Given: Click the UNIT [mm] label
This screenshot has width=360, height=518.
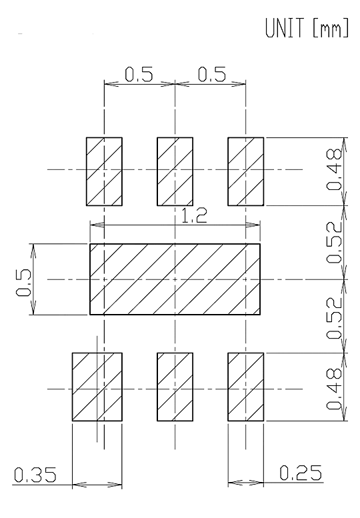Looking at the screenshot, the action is pos(307,28).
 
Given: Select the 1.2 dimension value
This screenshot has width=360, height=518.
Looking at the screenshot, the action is pos(194,217).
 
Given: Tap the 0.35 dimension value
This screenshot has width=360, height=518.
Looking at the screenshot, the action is pos(35,475).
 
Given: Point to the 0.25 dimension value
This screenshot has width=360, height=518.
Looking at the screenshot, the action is pos(301,473).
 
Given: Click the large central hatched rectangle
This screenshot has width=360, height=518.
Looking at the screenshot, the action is pos(175,279).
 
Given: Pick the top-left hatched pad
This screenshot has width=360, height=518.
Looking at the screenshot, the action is pos(104,171).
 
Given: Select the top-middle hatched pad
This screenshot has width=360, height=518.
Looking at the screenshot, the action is pos(175,171).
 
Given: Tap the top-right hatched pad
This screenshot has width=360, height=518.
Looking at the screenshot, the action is pos(246,171).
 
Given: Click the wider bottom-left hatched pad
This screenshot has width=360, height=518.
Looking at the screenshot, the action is pos(97,387).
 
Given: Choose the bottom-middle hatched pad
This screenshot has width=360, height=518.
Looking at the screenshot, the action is pos(175,387).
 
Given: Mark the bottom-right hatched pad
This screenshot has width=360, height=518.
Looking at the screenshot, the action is pos(246,387).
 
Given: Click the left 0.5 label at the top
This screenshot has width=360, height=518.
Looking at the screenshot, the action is pos(139,74).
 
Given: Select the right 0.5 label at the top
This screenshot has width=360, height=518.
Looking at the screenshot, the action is pos(212,74).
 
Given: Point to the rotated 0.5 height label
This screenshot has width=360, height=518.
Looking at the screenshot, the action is pos(24,283).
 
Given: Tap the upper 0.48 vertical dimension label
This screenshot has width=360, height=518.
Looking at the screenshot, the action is pos(333,169).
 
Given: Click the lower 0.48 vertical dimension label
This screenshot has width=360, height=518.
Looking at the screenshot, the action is pos(333,389).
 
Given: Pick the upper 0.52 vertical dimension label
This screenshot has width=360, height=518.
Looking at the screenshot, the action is pos(333,242).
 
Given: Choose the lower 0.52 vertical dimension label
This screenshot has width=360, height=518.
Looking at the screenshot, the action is pos(333,318).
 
